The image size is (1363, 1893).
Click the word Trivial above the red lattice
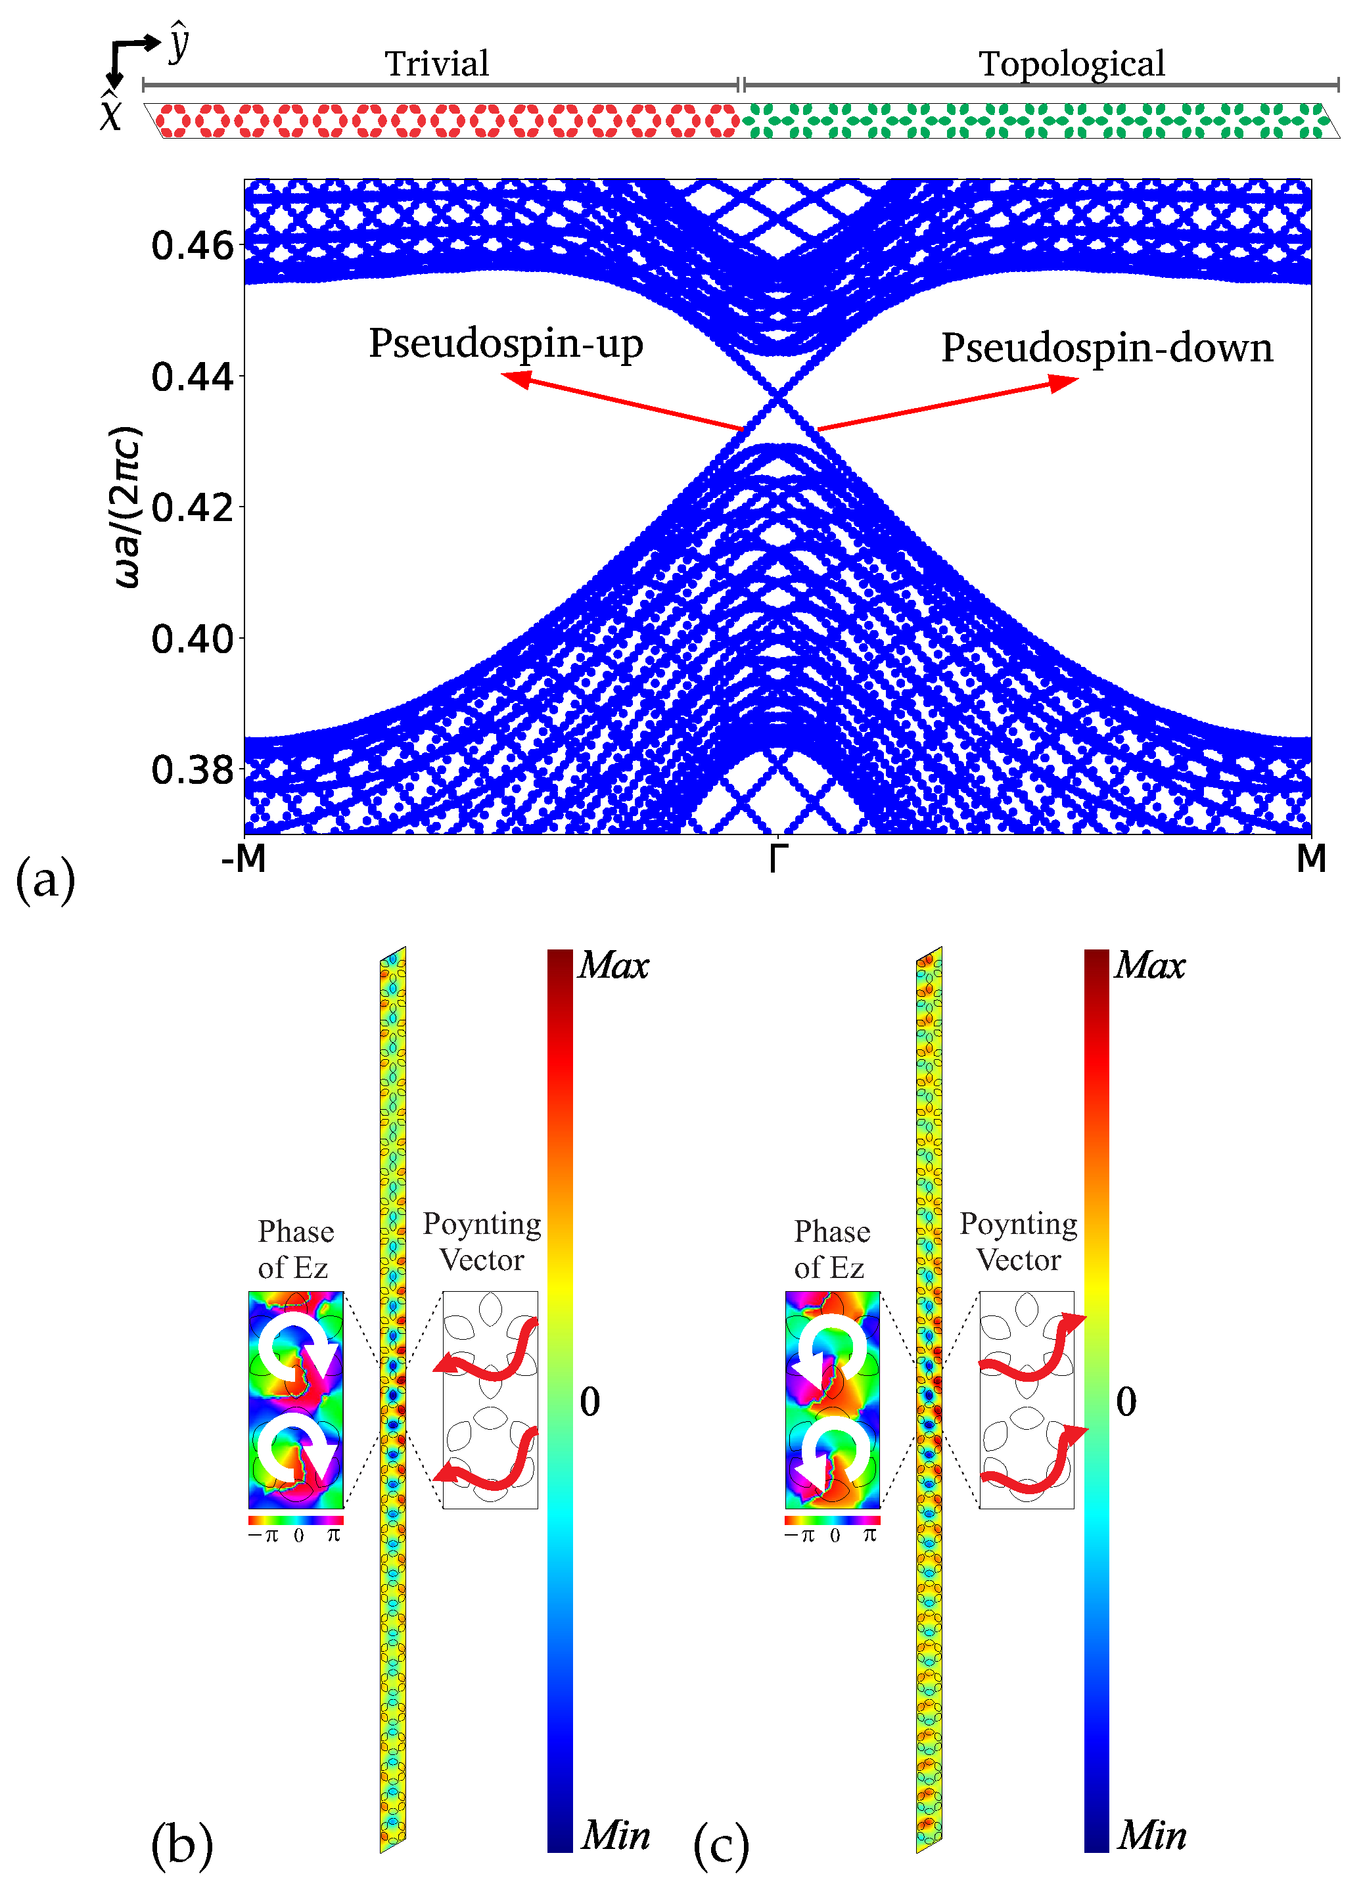coord(436,64)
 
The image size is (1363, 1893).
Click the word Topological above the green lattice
coord(1072,64)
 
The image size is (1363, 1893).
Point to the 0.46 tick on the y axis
coord(193,246)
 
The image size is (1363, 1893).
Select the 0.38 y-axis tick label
coord(193,769)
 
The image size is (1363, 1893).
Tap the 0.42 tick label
coord(193,507)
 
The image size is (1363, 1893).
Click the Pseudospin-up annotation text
coord(506,343)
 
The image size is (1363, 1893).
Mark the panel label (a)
coord(46,880)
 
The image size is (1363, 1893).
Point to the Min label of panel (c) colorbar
coord(1152,1835)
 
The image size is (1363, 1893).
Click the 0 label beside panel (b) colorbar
coord(590,1402)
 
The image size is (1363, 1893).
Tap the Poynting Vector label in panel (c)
coord(1018,1241)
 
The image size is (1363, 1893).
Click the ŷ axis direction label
coord(179,44)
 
